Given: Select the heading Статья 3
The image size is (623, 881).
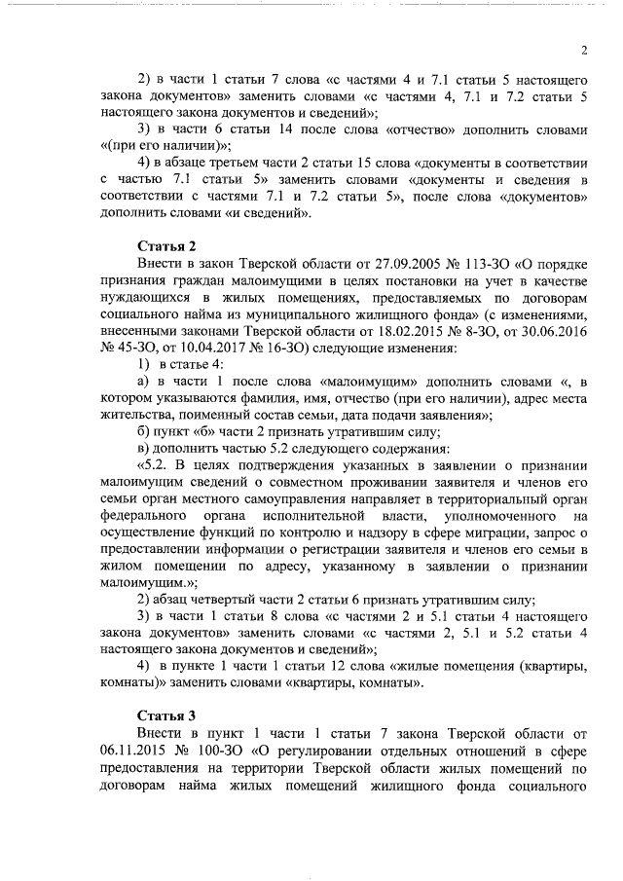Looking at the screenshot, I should coord(167,714).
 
